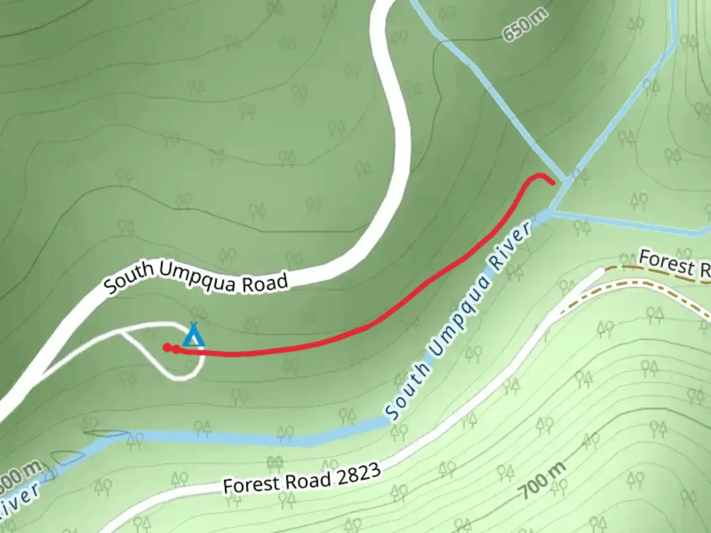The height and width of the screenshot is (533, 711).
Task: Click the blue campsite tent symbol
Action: [194, 336]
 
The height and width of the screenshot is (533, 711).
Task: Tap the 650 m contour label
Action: [525, 25]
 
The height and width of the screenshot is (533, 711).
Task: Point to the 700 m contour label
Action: [542, 482]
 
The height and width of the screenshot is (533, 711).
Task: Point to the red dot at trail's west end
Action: [167, 347]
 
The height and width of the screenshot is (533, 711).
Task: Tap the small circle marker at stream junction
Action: [576, 174]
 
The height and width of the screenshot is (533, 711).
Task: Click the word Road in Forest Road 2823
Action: [309, 479]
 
